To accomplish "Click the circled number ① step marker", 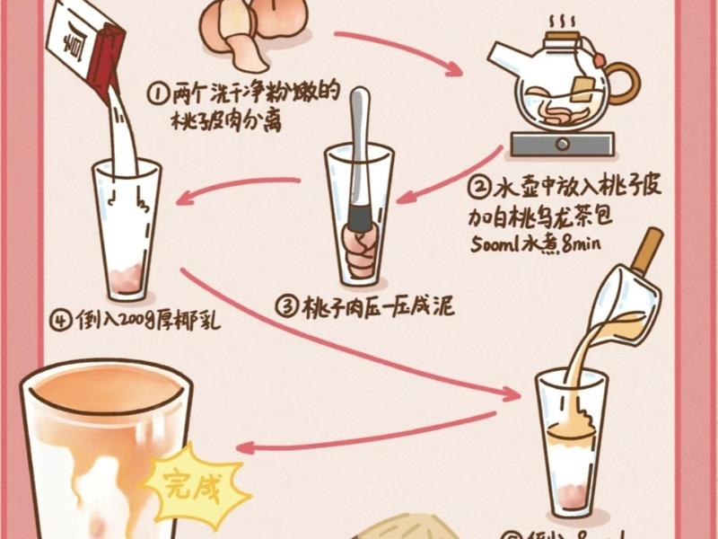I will pyautogui.click(x=157, y=93).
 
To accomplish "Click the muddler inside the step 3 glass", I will pyautogui.click(x=360, y=162).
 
